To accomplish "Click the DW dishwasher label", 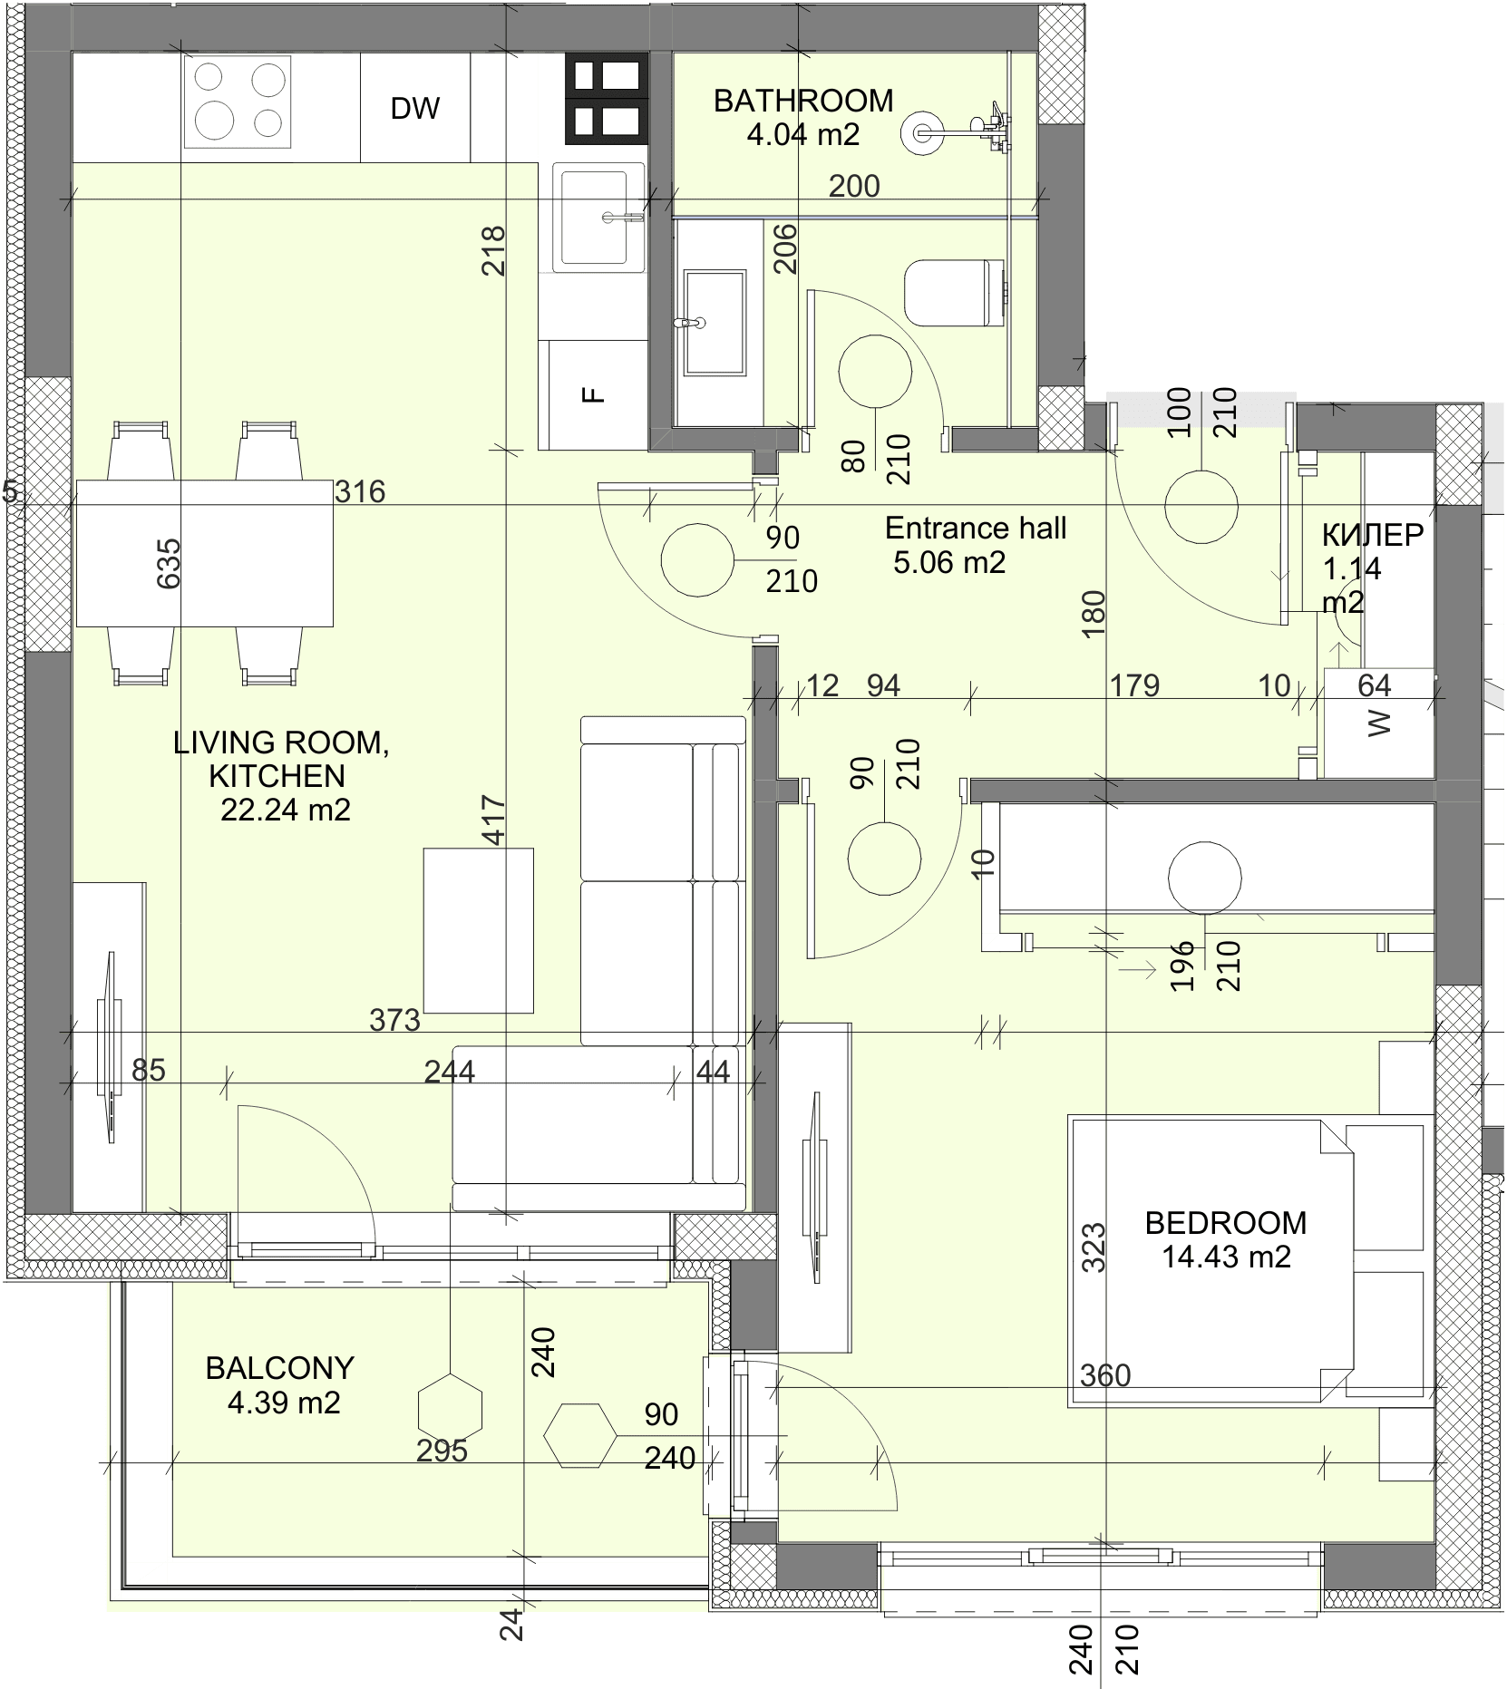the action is click(414, 109).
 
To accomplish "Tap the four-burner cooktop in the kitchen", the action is click(238, 101).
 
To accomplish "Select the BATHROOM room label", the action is click(803, 101).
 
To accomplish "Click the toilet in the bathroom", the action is click(956, 293).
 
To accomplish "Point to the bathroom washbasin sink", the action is click(715, 321).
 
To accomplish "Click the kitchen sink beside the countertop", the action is click(599, 217).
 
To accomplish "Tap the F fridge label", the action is click(592, 394).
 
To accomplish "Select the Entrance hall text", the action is click(976, 528).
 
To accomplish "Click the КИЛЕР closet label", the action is click(1373, 535).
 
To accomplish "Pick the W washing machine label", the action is click(1378, 723).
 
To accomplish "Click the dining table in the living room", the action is click(205, 553).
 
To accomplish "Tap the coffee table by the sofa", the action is click(479, 930).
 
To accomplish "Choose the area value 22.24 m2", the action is click(286, 810).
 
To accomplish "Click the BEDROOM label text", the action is click(1226, 1223).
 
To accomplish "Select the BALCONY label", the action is click(279, 1368).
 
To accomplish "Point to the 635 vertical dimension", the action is click(169, 564).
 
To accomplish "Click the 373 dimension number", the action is click(395, 1020).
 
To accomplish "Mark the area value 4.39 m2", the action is click(284, 1403).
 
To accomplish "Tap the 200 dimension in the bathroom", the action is click(854, 186).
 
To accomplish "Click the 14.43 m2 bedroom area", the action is click(1226, 1257).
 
